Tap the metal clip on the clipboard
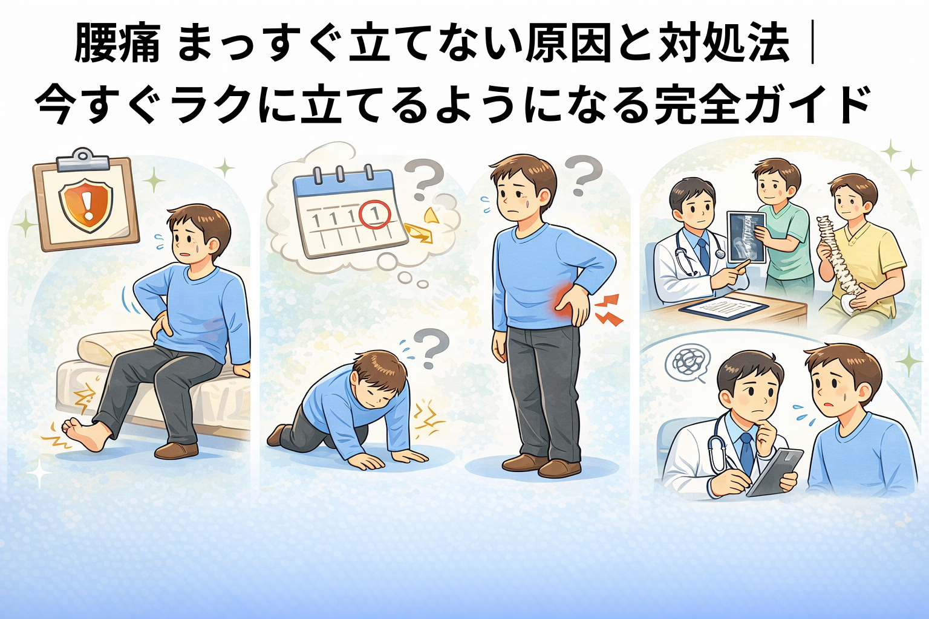pyautogui.click(x=83, y=159)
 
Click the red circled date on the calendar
pyautogui.click(x=376, y=213)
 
